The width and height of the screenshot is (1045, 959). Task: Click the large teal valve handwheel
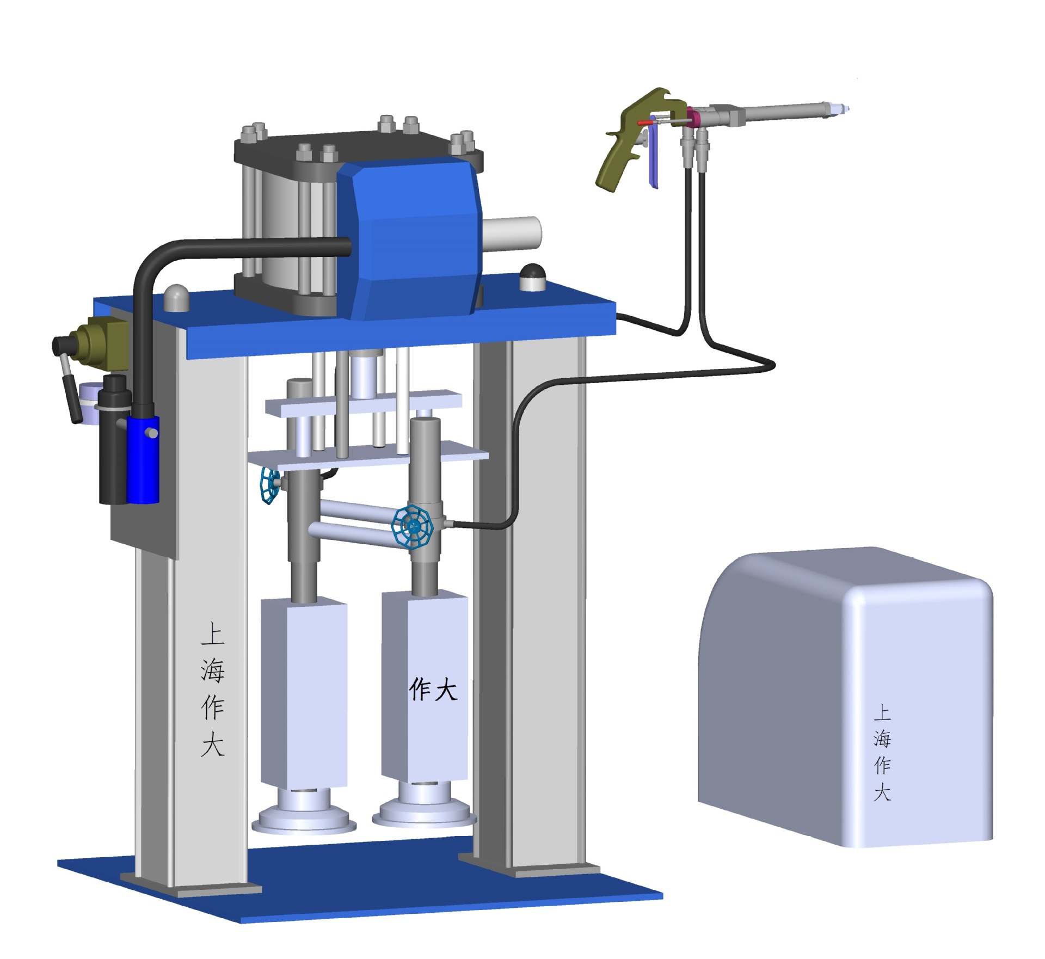(413, 526)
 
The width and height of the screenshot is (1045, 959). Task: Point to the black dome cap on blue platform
(532, 278)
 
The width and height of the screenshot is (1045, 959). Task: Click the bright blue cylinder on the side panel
(143, 459)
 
